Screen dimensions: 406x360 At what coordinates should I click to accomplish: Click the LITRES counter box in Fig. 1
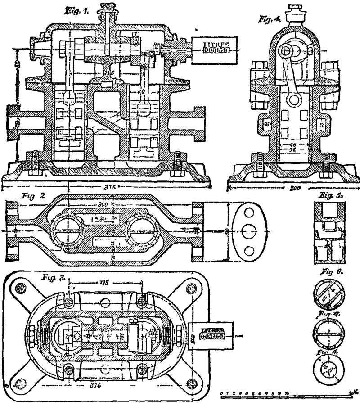click(209, 47)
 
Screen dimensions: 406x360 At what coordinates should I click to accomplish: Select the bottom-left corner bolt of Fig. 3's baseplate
click(21, 383)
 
